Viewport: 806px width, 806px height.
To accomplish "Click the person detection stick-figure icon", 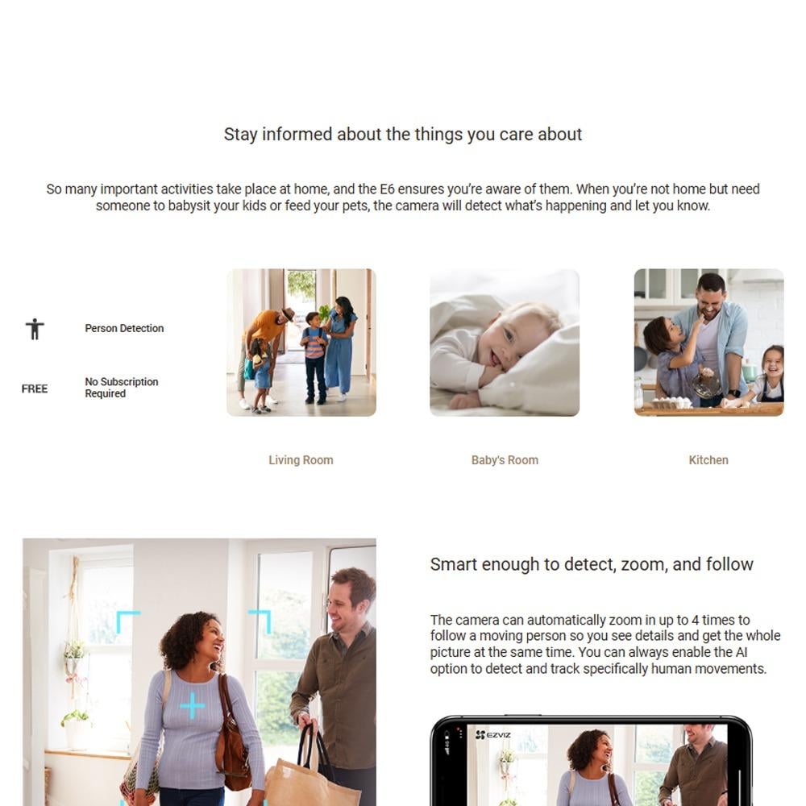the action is click(x=35, y=329).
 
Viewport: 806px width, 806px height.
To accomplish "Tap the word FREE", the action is click(x=35, y=388).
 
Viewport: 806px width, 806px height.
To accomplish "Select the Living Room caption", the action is click(x=301, y=460).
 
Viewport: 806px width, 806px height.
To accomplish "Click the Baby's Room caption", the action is click(x=505, y=460).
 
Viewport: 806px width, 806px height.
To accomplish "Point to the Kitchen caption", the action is click(x=708, y=460).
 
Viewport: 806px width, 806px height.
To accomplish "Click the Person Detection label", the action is click(x=124, y=328).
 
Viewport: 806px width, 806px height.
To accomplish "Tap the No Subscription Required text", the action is click(x=122, y=388).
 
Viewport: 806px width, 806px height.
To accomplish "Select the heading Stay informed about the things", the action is click(x=402, y=134).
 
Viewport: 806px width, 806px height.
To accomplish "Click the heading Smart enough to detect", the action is click(x=592, y=564).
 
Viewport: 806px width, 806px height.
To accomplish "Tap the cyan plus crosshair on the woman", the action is click(x=193, y=705).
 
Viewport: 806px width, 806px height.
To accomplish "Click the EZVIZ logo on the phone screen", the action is click(x=493, y=735).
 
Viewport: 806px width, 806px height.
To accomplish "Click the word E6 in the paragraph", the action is click(x=387, y=189).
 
